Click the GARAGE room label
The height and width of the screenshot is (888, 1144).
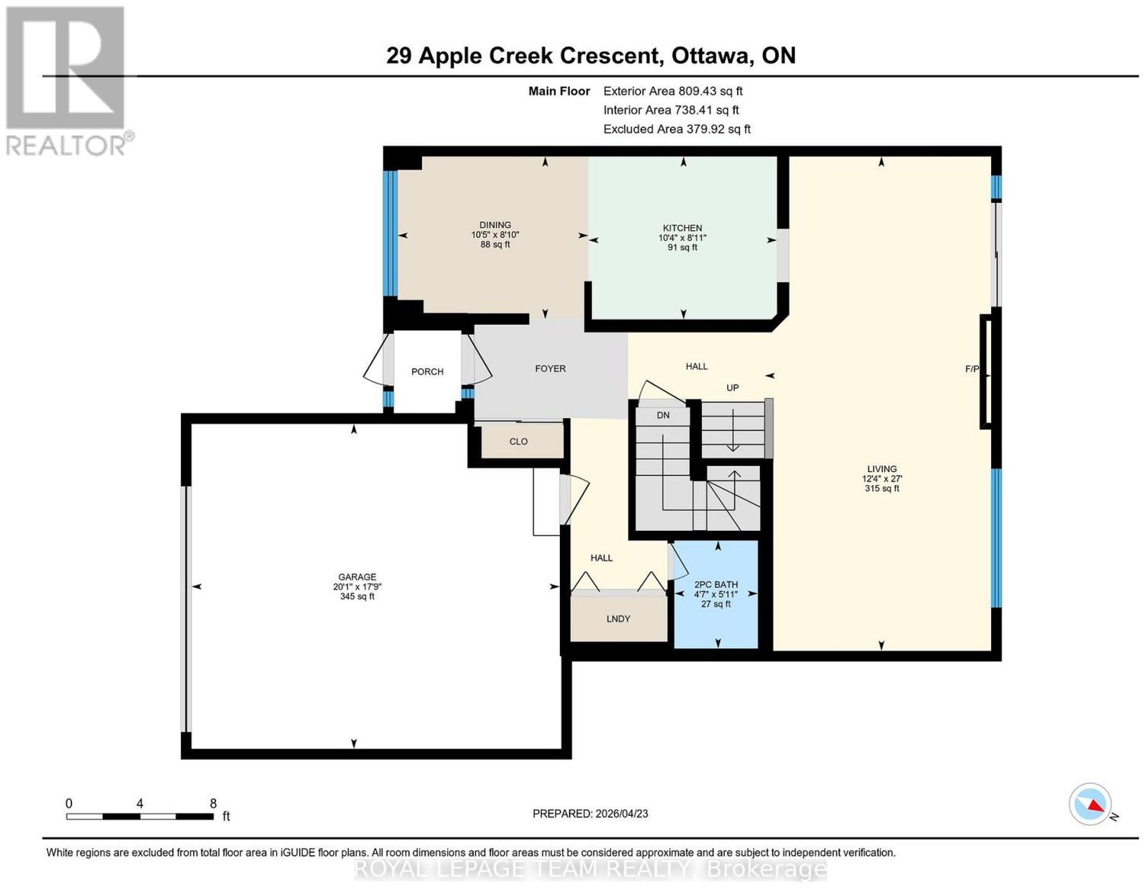357,577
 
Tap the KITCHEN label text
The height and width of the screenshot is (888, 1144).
682,228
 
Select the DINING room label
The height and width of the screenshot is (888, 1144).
495,225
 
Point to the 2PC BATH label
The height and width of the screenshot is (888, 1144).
716,584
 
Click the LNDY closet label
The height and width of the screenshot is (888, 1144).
618,619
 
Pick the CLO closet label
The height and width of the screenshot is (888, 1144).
518,441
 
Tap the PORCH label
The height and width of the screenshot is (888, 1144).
427,371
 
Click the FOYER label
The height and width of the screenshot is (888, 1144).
550,369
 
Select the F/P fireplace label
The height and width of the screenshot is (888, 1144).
972,369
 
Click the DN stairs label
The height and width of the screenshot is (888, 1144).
663,415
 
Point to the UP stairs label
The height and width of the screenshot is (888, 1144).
732,388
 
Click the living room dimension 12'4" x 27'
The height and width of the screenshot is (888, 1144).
882,479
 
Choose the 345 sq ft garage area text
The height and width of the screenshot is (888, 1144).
357,597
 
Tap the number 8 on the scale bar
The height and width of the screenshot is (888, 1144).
212,804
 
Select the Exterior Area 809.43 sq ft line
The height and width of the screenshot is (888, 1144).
673,91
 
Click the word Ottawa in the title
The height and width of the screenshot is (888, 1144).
710,56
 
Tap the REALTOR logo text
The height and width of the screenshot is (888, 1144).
66,146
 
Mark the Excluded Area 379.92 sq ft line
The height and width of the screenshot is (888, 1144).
677,129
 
